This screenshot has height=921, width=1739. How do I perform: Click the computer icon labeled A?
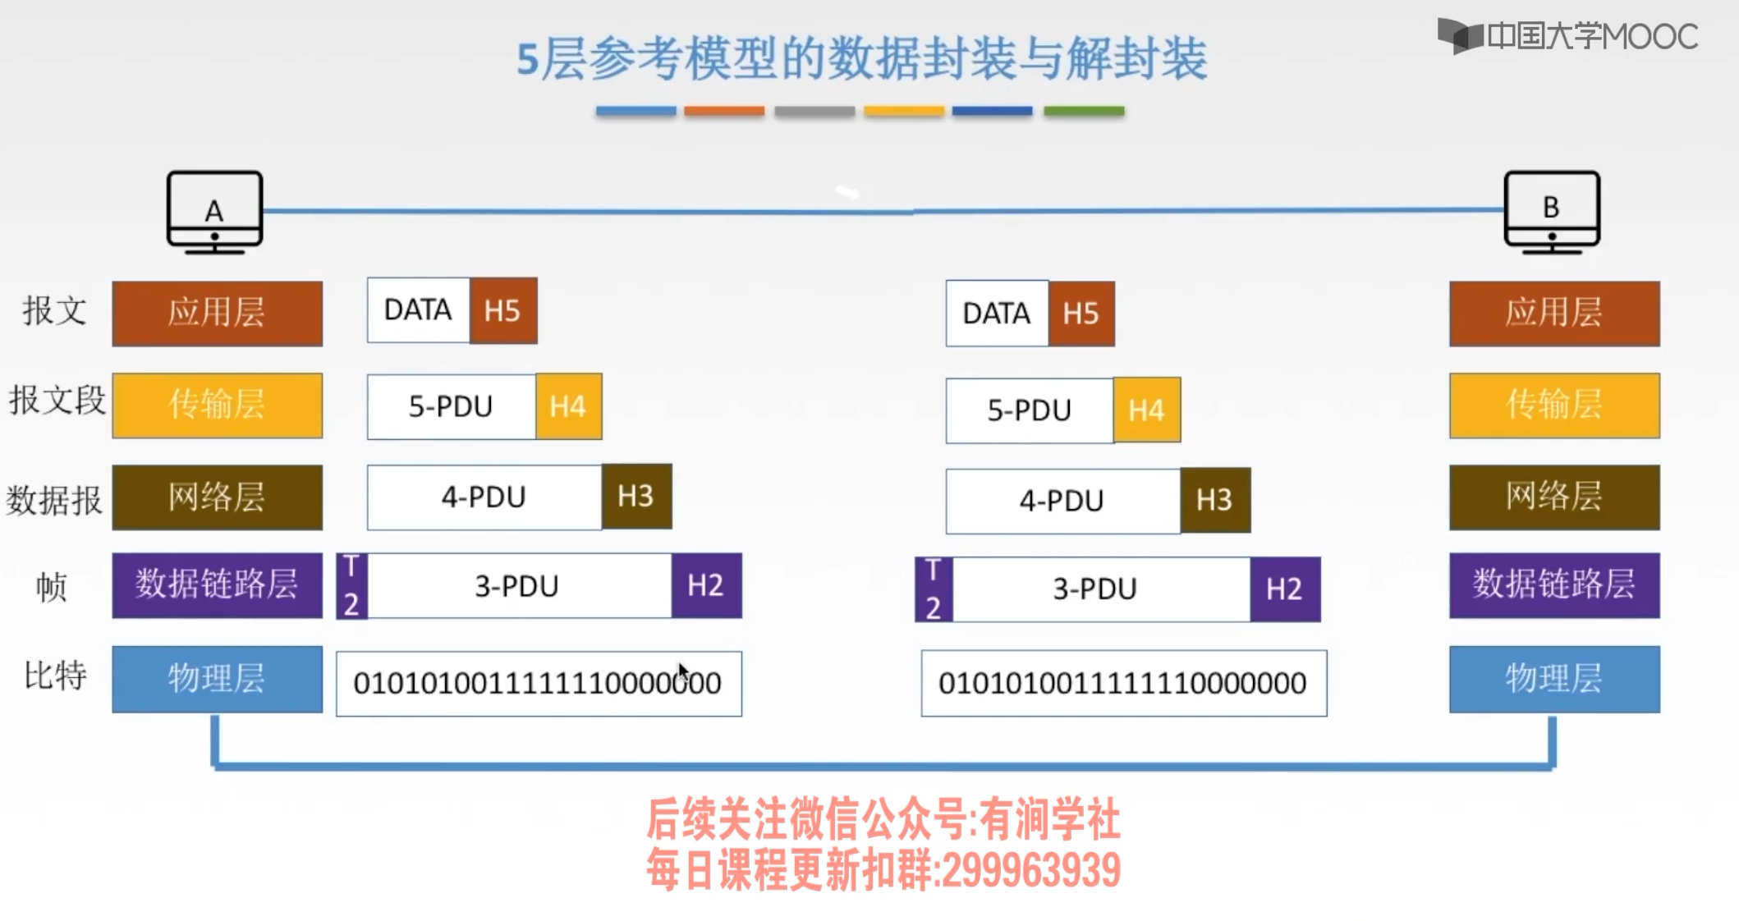point(214,212)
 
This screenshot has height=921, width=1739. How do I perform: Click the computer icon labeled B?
point(1551,211)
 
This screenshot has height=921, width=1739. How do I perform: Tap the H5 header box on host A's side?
point(502,310)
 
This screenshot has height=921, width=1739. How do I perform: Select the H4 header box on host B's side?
point(1146,410)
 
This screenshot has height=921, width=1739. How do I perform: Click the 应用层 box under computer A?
point(217,313)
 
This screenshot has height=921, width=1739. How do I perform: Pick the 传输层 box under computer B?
point(1553,406)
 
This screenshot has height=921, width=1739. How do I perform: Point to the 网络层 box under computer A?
point(217,497)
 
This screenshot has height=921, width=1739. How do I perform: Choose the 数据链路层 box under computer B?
point(1553,584)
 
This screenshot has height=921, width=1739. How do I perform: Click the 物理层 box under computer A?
point(217,679)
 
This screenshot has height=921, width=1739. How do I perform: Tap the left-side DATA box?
point(418,310)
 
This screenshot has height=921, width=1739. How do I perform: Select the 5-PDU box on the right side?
point(1029,410)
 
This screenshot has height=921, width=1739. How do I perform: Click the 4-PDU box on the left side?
point(484,497)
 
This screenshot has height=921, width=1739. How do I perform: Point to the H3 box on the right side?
point(1214,500)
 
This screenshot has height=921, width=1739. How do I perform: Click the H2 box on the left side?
point(705,585)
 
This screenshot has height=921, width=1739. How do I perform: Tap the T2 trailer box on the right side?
point(934,589)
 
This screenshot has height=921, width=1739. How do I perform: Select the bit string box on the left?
point(538,683)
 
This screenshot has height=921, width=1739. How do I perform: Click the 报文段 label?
point(57,401)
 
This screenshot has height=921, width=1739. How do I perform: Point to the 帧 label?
point(51,586)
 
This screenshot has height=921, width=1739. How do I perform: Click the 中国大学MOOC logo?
point(1567,36)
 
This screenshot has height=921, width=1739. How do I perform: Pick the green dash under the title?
point(1083,111)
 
